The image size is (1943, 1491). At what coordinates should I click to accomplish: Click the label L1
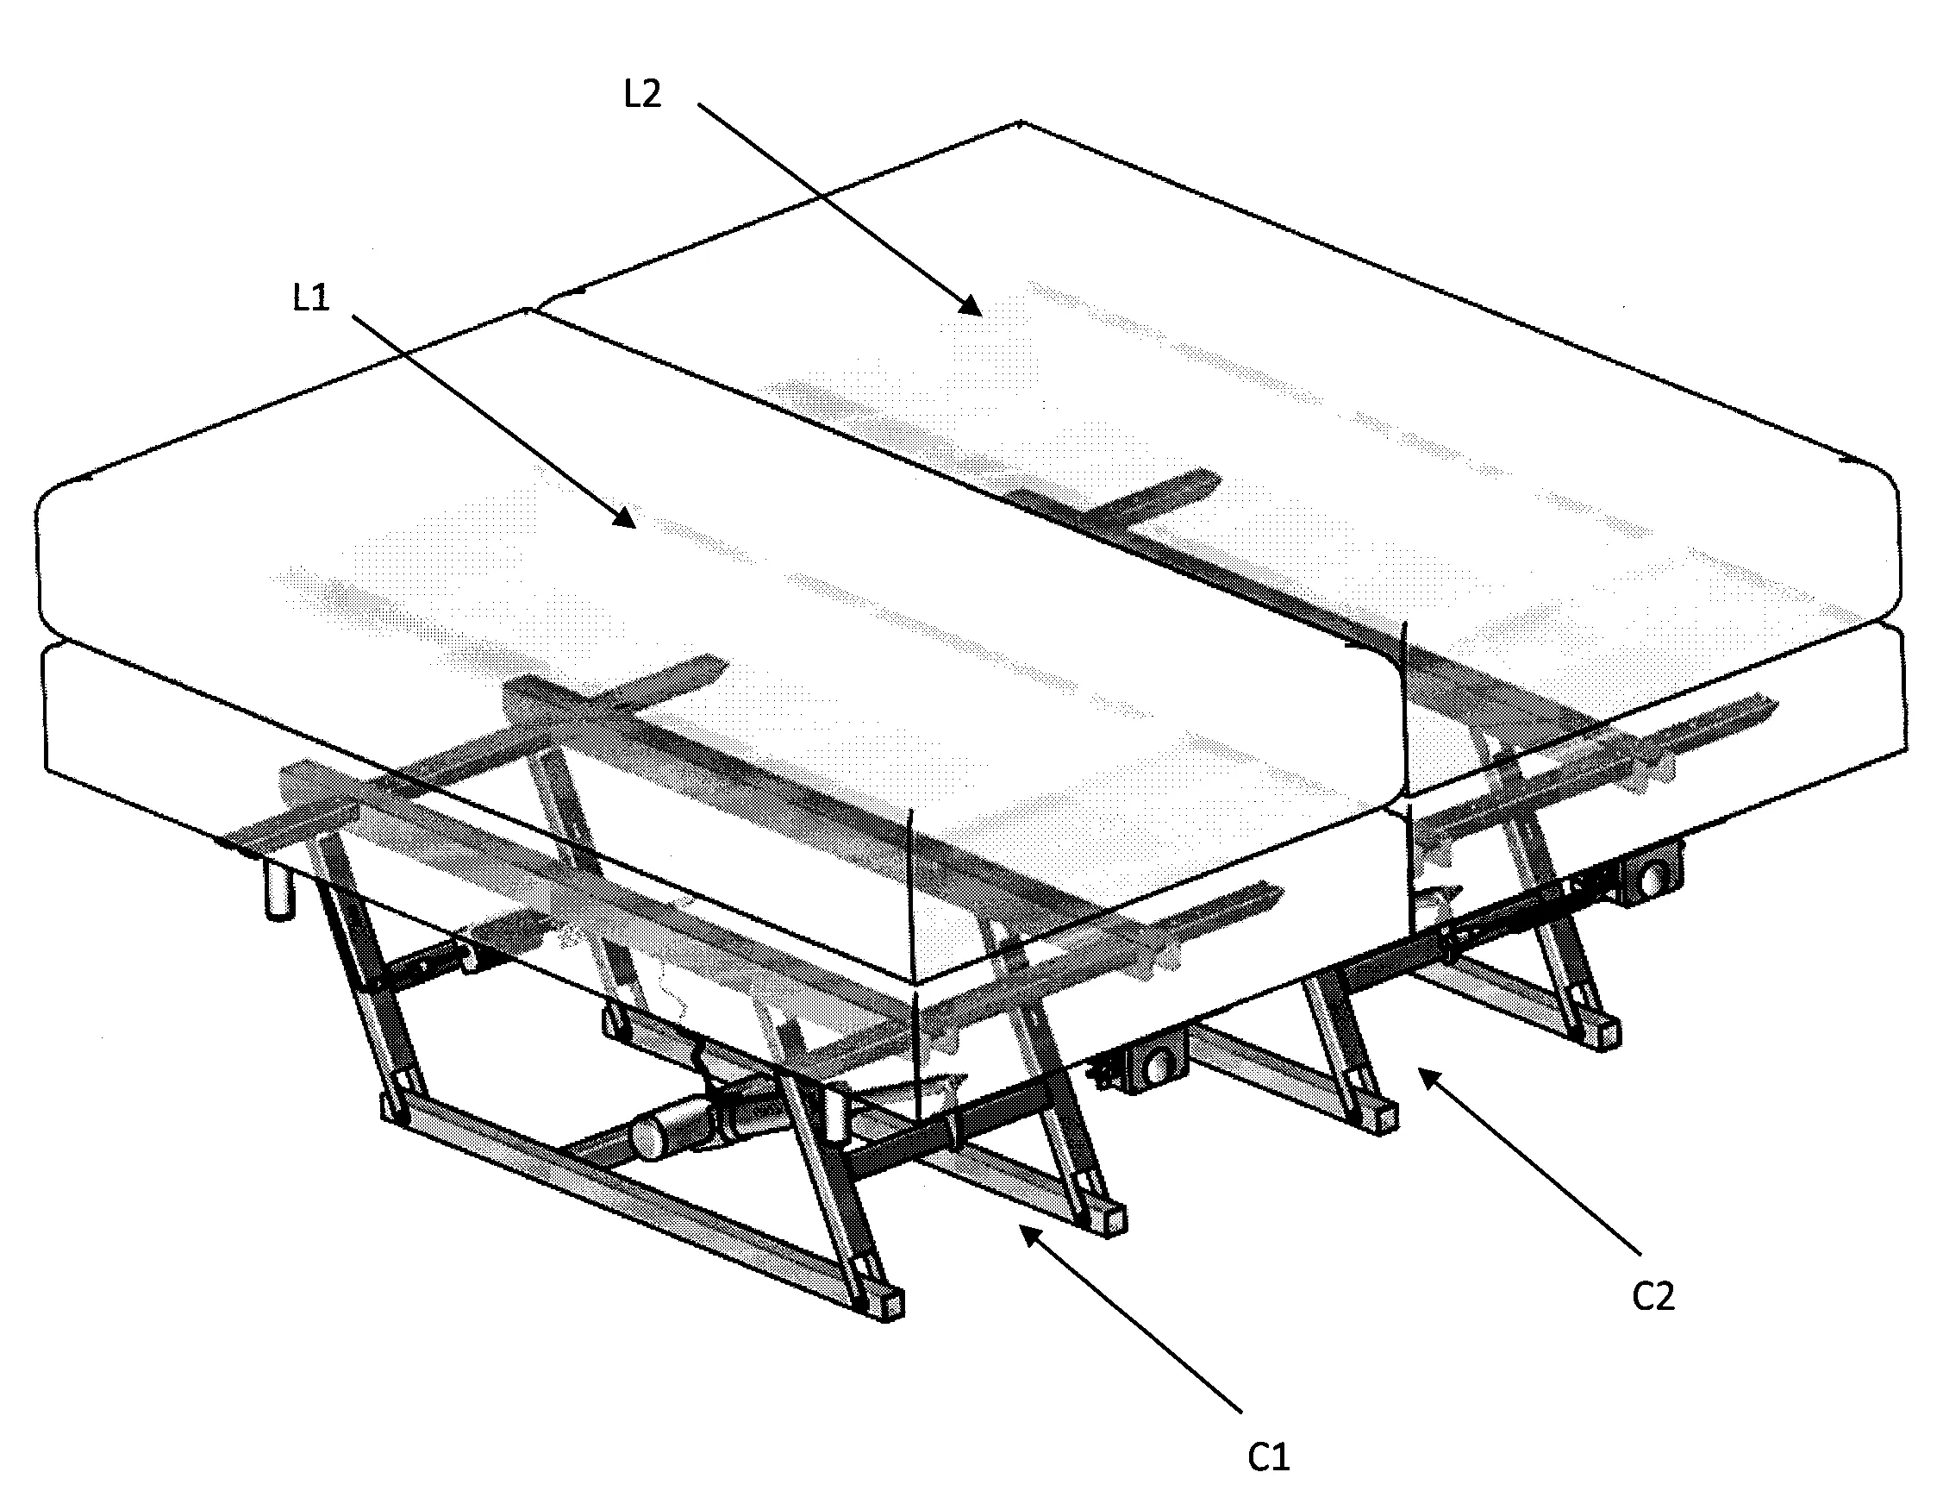click(311, 298)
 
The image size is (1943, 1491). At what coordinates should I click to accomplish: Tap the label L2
click(642, 93)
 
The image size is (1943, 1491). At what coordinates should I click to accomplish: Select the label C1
click(1268, 1457)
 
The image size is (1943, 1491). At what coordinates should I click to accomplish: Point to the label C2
click(1652, 1297)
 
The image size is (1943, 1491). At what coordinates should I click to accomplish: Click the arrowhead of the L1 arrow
click(625, 517)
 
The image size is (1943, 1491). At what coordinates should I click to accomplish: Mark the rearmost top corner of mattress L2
click(1021, 122)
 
